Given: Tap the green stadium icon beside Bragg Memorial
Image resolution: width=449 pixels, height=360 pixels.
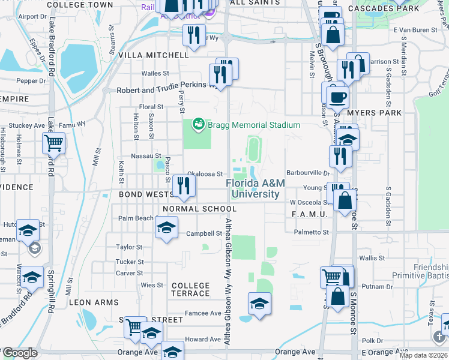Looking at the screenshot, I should point(197,125).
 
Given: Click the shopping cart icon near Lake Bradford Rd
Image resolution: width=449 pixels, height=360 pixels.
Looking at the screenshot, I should point(53,144).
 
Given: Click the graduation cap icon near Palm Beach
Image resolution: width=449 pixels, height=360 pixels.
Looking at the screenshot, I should point(166,227).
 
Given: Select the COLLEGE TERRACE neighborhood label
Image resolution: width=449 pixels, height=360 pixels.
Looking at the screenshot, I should point(191,289).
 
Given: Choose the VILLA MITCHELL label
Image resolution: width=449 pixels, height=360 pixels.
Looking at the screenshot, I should point(154,55).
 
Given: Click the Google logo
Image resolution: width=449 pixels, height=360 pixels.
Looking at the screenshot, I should point(20,353).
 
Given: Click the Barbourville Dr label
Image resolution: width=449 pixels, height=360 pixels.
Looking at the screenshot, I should point(309,173).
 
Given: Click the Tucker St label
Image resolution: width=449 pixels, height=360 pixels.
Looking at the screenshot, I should point(130,262).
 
